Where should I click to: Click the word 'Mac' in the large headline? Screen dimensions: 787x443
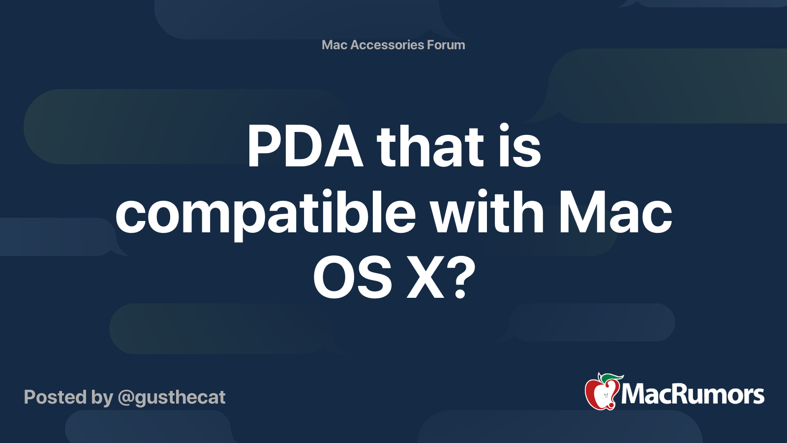pyautogui.click(x=615, y=212)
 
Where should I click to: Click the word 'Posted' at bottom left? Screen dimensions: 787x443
pyautogui.click(x=55, y=397)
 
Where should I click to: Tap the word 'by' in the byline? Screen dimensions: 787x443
pyautogui.click(x=102, y=399)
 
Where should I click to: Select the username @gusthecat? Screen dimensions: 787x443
pyautogui.click(x=172, y=398)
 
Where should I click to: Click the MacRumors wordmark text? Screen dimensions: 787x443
pyautogui.click(x=693, y=394)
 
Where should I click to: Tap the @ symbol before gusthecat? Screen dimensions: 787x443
pyautogui.click(x=127, y=398)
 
